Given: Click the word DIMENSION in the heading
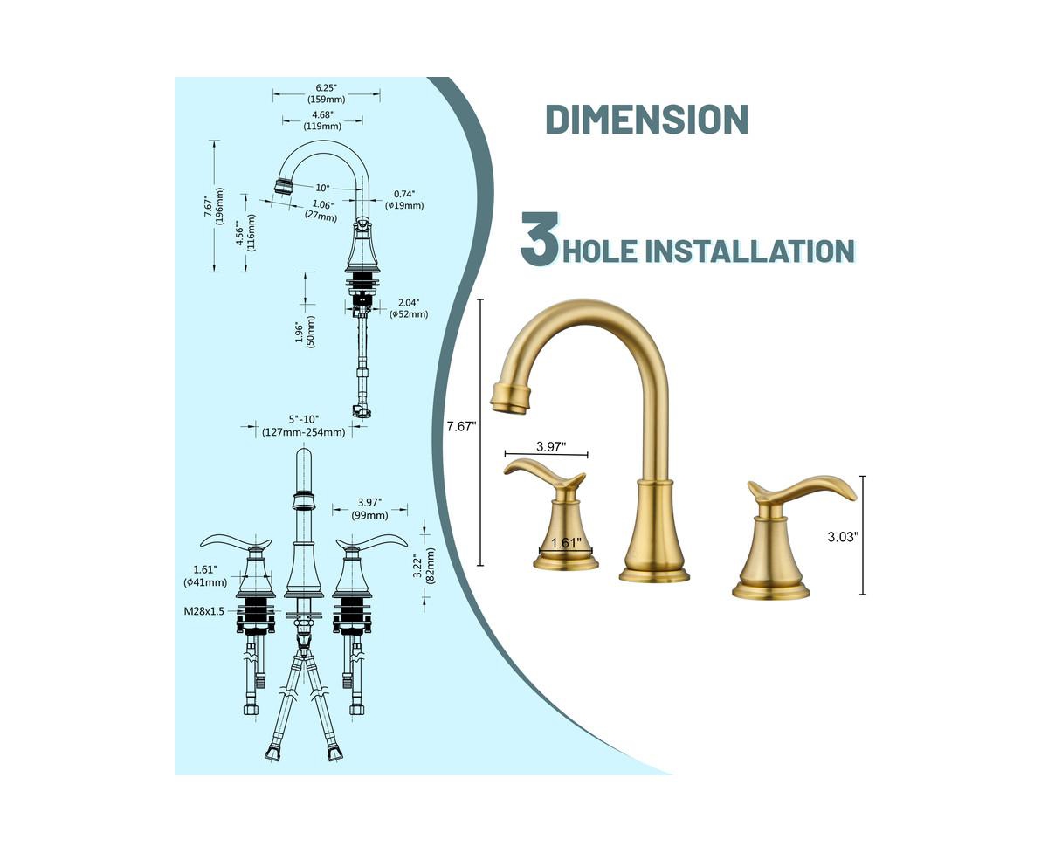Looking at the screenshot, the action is click(x=646, y=119).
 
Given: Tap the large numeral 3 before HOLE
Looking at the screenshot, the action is click(x=541, y=239).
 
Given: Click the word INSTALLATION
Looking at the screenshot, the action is click(x=750, y=251).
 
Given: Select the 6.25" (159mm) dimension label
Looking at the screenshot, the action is click(x=327, y=93).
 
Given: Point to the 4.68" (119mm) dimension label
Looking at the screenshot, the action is click(x=322, y=120).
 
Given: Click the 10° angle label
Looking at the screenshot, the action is click(x=323, y=188).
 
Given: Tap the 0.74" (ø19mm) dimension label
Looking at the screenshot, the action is click(x=404, y=200).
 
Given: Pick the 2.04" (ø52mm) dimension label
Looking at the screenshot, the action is click(x=409, y=308).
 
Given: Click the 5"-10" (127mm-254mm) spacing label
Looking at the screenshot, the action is click(x=304, y=426).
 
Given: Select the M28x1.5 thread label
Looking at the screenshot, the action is click(x=203, y=611).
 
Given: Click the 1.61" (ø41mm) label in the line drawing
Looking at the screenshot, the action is click(x=205, y=576).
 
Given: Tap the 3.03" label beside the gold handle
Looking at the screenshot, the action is click(x=843, y=537).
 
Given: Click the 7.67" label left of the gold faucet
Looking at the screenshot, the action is click(x=461, y=426).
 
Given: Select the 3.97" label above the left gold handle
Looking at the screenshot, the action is click(x=551, y=447).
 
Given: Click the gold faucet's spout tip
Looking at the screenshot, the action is click(x=510, y=397).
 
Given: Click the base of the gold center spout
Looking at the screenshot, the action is click(x=654, y=574).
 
